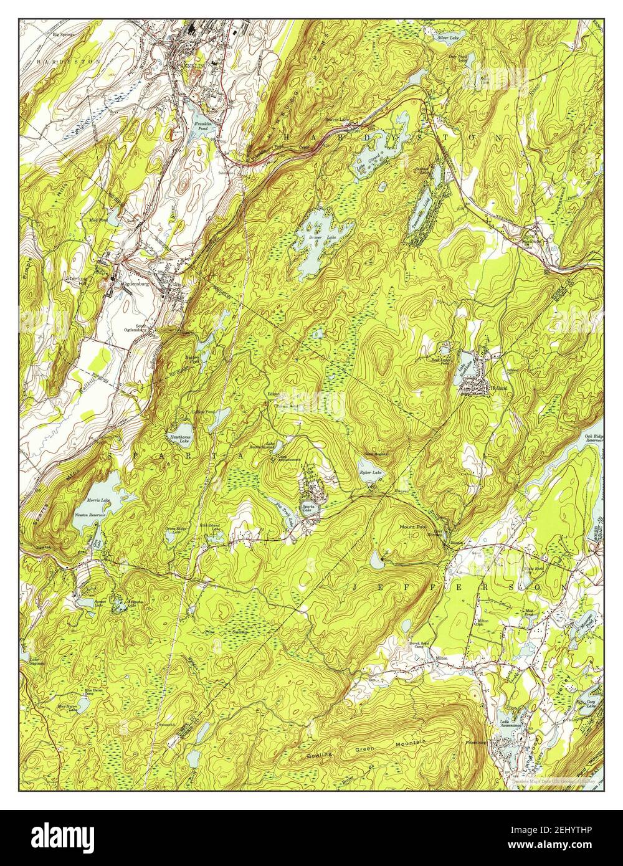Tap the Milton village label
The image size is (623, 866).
click(442, 658)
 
